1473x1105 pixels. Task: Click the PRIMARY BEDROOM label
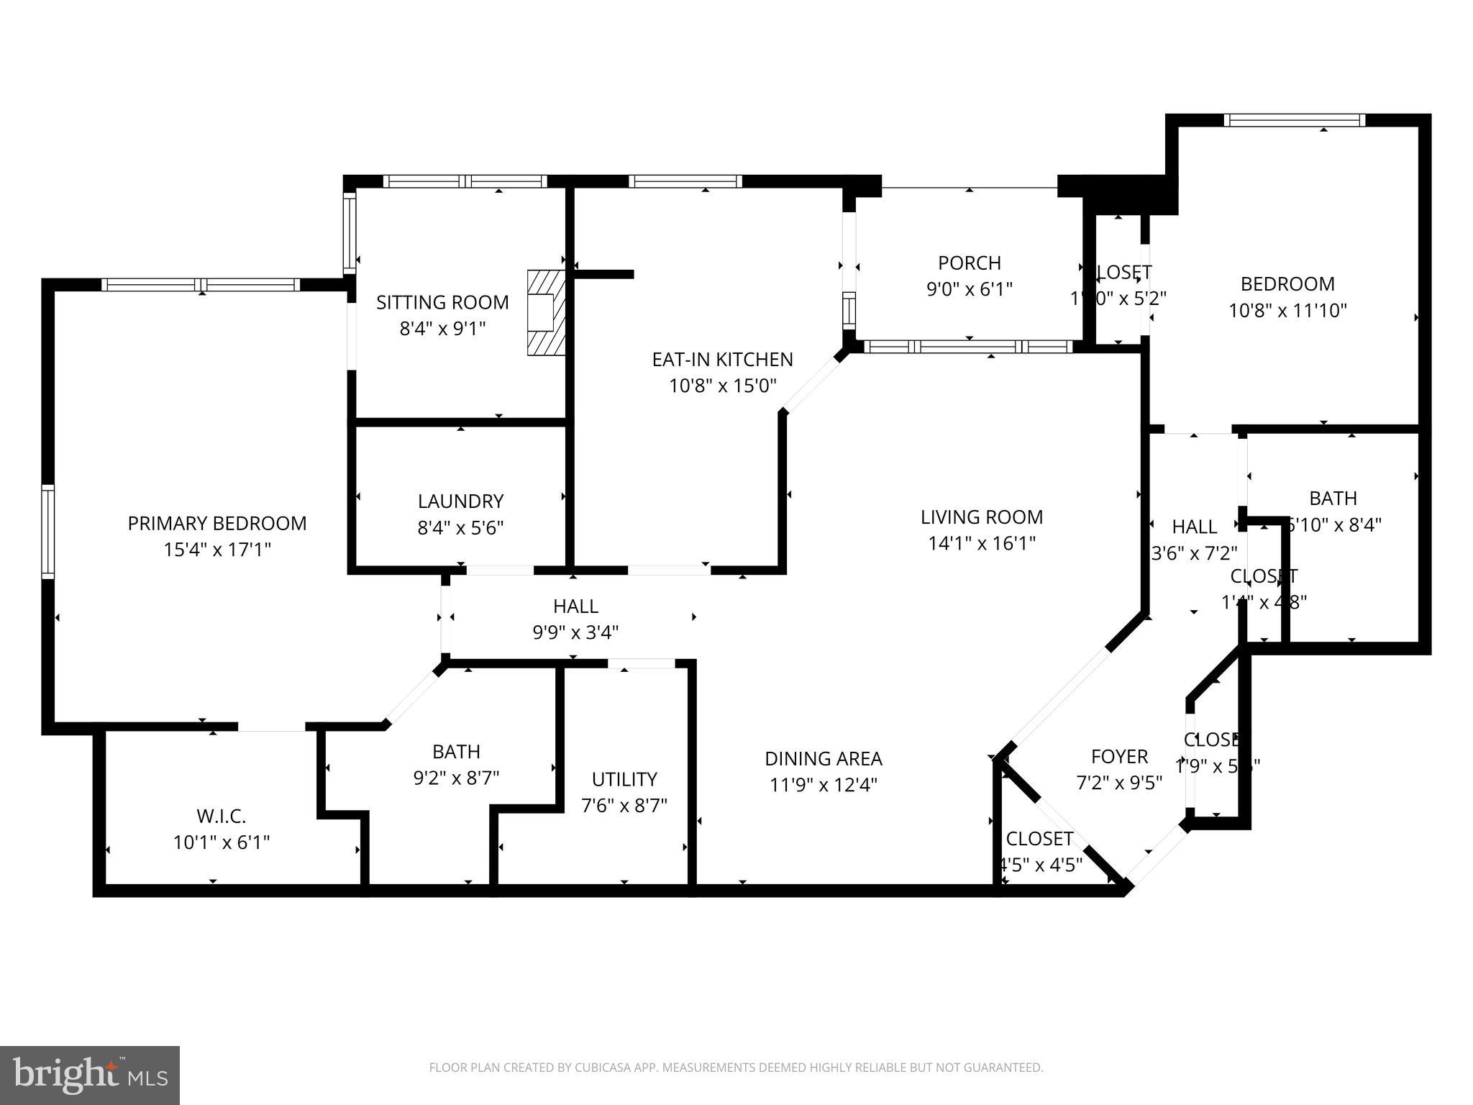(x=216, y=523)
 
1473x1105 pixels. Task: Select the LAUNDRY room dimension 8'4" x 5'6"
(x=460, y=528)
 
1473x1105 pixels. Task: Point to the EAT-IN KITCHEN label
(x=722, y=359)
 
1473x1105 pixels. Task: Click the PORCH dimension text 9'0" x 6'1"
(x=969, y=289)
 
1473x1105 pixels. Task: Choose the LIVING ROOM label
(x=982, y=517)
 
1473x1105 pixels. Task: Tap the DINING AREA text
(x=823, y=758)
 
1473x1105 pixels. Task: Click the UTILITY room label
(x=624, y=779)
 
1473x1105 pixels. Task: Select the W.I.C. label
(x=221, y=816)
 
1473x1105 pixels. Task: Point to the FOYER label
(x=1119, y=756)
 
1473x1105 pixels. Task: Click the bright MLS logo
(x=89, y=1075)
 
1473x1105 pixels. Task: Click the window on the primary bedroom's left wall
(x=48, y=532)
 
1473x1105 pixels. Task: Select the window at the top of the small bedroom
(x=1294, y=120)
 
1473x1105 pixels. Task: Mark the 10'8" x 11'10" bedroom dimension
(x=1287, y=311)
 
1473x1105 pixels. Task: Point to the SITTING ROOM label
(x=442, y=302)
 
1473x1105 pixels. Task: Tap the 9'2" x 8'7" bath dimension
(x=456, y=778)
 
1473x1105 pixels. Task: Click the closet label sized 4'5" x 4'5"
(x=1039, y=839)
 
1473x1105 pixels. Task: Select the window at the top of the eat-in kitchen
(x=685, y=181)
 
